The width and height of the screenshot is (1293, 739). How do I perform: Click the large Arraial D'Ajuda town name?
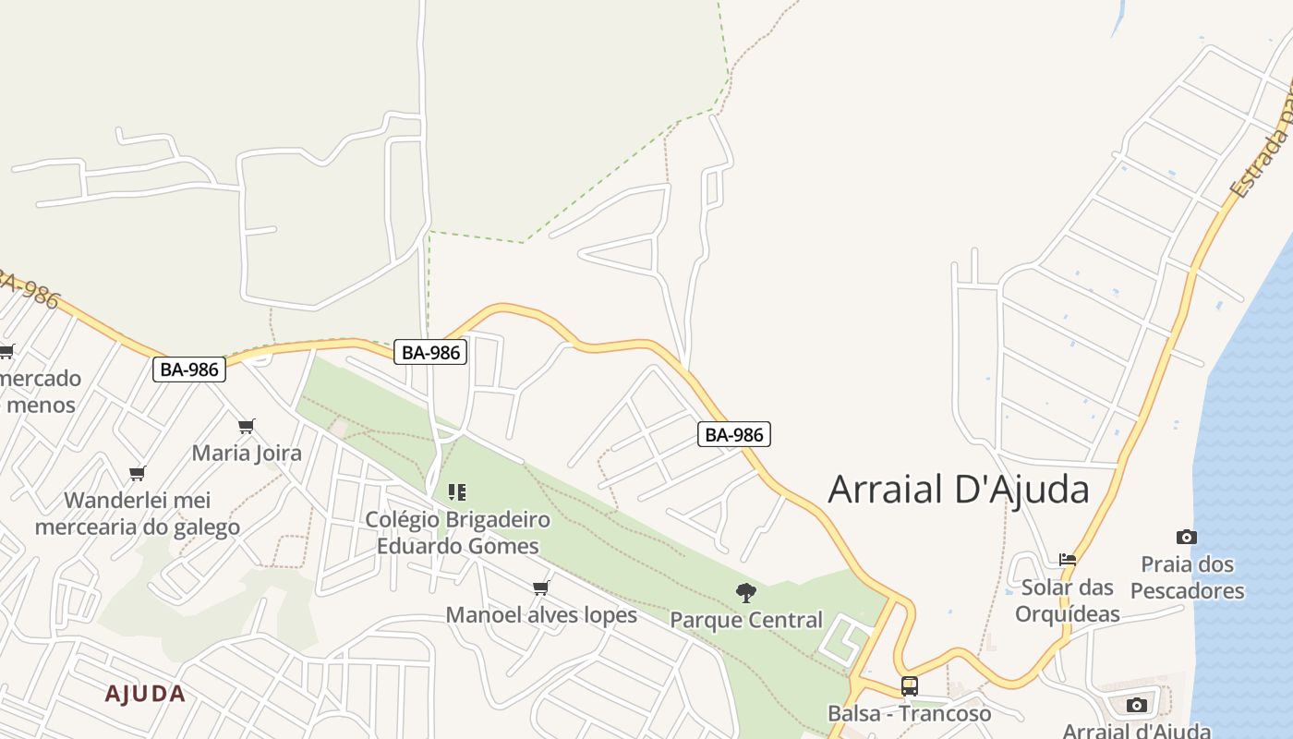pos(959,489)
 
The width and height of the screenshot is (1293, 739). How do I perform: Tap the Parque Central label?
pos(746,619)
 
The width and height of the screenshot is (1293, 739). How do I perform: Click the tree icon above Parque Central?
pos(746,592)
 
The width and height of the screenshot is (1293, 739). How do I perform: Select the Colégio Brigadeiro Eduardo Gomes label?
pos(457,532)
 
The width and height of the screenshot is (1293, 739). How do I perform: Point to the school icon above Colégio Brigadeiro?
pos(457,492)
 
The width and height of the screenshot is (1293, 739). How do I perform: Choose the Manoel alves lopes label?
pos(541,614)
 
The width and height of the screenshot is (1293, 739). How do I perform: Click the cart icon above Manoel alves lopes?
pos(541,588)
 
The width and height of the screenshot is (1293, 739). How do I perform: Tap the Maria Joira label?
pos(247,453)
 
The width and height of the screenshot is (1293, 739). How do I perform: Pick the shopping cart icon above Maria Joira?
pos(247,426)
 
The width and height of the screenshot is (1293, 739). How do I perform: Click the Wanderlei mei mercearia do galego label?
pos(138,514)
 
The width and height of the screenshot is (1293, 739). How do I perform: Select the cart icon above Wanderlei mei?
pos(138,474)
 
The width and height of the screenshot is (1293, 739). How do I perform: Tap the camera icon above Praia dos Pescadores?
pos(1187,537)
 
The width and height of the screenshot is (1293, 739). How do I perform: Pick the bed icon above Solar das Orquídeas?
pos(1068,560)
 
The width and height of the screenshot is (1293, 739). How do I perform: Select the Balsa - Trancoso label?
pos(909,713)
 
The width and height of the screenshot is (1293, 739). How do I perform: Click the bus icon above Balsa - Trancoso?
pos(910,686)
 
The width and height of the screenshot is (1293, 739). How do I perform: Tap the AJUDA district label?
pos(145,694)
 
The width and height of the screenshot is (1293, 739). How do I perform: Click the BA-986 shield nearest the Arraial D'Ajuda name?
pos(734,434)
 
